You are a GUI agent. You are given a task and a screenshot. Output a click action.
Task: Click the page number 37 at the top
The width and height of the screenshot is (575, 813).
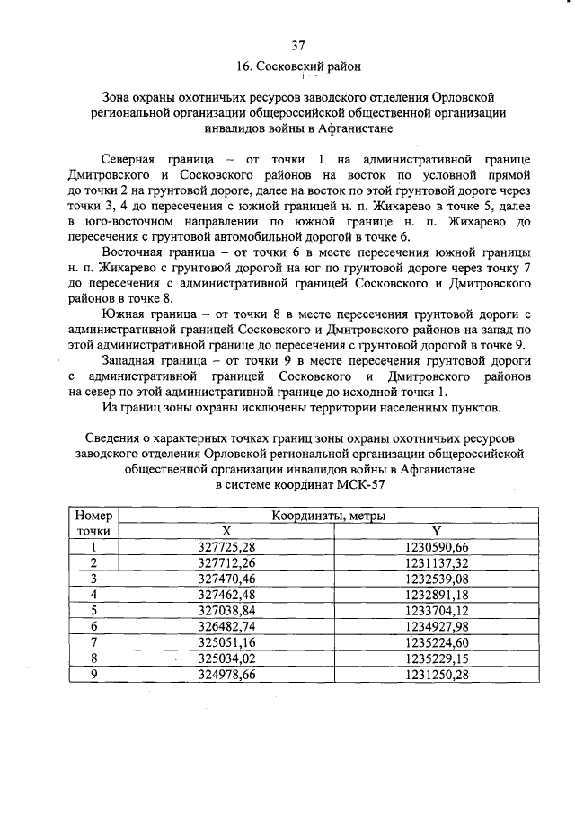299,45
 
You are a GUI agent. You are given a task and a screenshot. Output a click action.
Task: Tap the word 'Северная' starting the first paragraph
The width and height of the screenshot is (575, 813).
128,157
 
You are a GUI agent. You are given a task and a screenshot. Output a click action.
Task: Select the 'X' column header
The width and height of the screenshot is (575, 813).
226,531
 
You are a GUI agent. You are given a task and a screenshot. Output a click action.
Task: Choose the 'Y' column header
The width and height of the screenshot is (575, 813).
436,531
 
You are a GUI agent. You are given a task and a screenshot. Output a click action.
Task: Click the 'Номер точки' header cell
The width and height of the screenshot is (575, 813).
93,524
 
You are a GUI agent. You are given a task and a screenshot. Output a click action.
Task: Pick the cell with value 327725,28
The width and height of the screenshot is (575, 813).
226,546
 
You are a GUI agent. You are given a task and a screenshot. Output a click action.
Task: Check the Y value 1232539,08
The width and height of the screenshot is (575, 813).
436,578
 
